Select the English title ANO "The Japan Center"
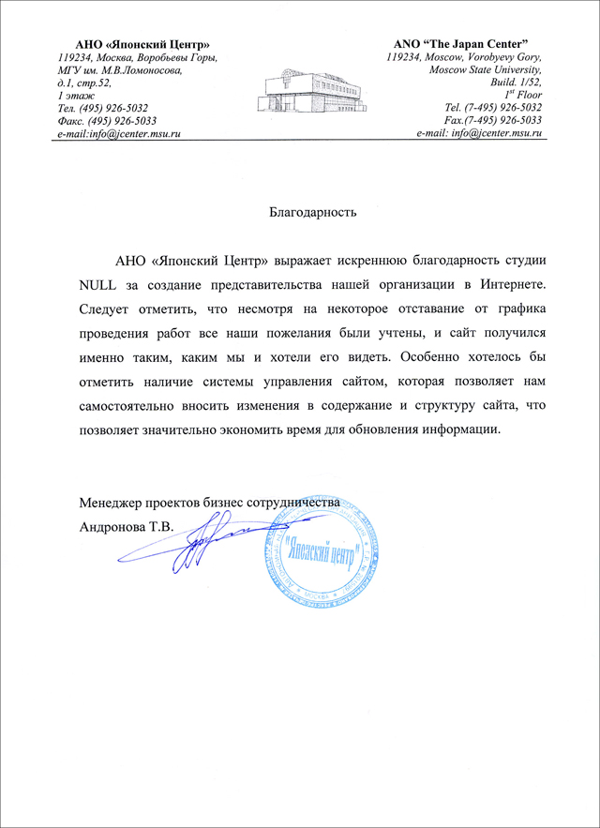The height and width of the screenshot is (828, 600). pos(462,44)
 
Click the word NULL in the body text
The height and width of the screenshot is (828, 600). pos(98,284)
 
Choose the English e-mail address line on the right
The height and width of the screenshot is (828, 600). pos(480,134)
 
